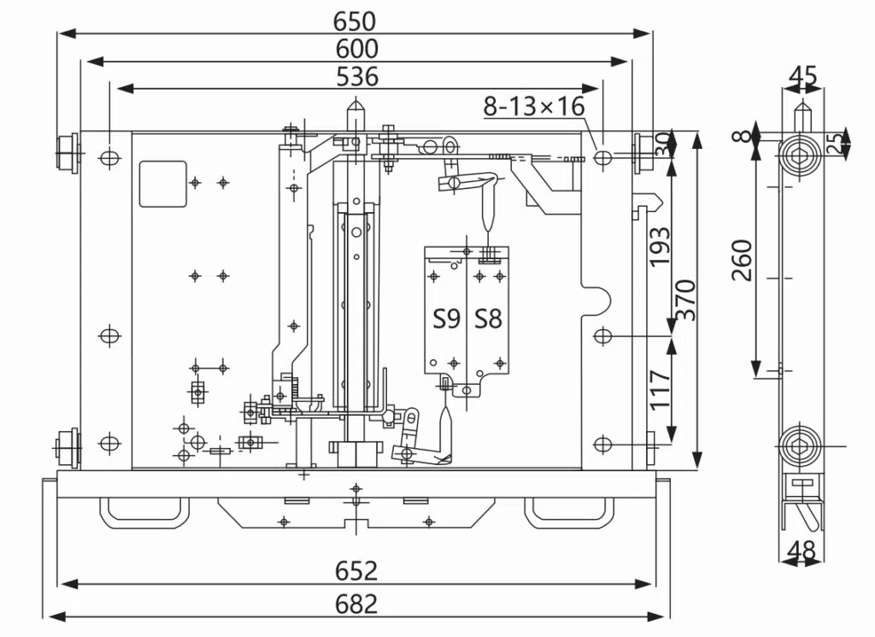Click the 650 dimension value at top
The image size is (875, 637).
pyautogui.click(x=355, y=21)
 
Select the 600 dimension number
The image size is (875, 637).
pyautogui.click(x=356, y=49)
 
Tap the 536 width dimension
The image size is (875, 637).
pyautogui.click(x=357, y=76)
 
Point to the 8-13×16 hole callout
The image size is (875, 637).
pyautogui.click(x=534, y=105)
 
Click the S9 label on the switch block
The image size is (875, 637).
pyautogui.click(x=447, y=319)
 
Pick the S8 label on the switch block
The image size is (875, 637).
pyautogui.click(x=488, y=319)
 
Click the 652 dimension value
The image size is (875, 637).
pyautogui.click(x=356, y=570)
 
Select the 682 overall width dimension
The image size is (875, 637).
pyautogui.click(x=356, y=604)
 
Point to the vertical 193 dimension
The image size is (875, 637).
pyautogui.click(x=661, y=247)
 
